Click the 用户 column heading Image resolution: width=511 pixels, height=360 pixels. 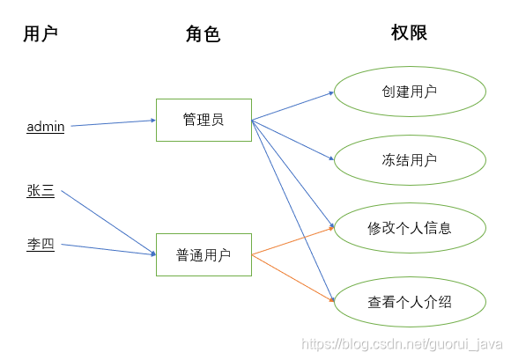click(x=41, y=33)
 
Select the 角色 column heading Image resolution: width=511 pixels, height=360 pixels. click(x=203, y=33)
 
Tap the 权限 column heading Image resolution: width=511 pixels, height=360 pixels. click(x=409, y=33)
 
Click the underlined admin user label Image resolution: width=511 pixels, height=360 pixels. click(x=46, y=127)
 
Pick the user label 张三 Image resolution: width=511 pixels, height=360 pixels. click(x=41, y=191)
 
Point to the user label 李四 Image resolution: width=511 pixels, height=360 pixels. click(x=41, y=244)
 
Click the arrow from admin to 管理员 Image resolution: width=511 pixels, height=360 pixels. click(x=114, y=123)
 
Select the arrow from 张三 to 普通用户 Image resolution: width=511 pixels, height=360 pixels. click(x=108, y=223)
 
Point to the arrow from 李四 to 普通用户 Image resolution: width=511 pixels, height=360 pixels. click(x=108, y=249)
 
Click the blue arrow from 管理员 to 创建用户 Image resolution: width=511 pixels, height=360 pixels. click(x=293, y=107)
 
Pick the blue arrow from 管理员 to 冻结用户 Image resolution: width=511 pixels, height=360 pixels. click(x=293, y=140)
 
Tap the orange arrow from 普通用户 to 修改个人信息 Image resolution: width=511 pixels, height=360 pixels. click(x=293, y=241)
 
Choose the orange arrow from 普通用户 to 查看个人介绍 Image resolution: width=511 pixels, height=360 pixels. click(x=293, y=278)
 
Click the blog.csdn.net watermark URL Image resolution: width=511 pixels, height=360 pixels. click(x=402, y=344)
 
